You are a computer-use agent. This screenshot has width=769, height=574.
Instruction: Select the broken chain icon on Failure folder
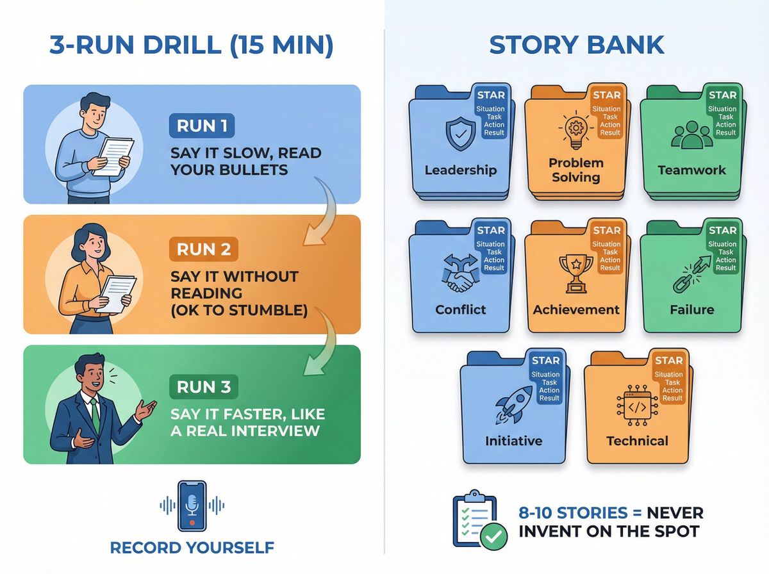tap(690, 273)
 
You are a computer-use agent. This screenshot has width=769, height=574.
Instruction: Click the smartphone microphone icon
tap(192, 505)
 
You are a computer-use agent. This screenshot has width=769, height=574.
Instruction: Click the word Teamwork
tap(691, 170)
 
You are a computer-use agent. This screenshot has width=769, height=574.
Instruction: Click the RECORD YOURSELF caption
tap(192, 548)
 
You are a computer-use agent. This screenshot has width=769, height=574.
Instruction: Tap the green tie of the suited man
tap(95, 413)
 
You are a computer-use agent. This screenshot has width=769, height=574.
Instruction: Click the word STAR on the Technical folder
tap(669, 361)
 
